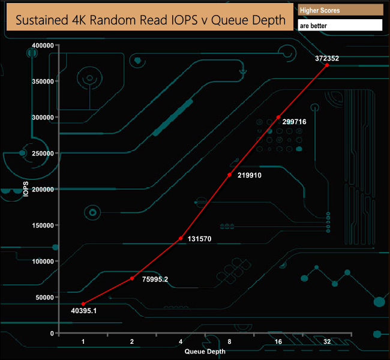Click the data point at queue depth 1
point(83,304)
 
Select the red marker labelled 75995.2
point(132,278)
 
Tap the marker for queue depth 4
point(181,238)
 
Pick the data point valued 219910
point(230,175)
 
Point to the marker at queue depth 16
point(278,117)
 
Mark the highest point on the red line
point(327,65)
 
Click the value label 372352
point(327,58)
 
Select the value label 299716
point(294,122)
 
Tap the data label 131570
point(199,239)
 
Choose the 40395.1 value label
point(84,311)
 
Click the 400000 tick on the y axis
point(43,45)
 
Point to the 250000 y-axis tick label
point(43,153)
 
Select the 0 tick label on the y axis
point(52,333)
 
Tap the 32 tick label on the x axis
point(327,341)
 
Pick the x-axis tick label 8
point(230,341)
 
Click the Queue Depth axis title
point(205,351)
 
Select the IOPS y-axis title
point(26,189)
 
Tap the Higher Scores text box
point(341,10)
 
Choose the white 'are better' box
point(340,25)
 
